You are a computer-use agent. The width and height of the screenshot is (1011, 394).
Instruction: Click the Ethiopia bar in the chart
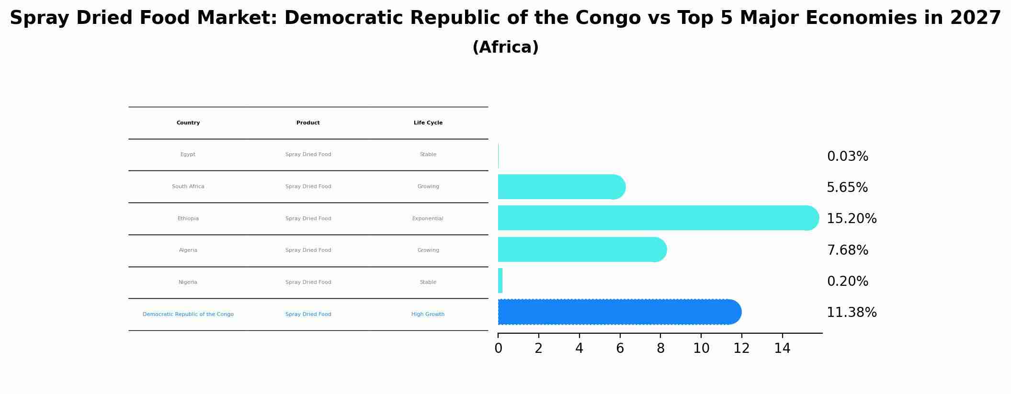(x=656, y=218)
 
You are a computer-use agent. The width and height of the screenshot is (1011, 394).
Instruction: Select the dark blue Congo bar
(x=618, y=312)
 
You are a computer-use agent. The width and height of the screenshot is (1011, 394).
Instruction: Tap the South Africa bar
(x=560, y=187)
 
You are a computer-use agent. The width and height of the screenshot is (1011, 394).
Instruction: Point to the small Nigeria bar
(x=500, y=281)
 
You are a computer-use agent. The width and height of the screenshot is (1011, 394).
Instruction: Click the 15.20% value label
(x=852, y=219)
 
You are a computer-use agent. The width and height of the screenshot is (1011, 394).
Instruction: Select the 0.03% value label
(x=847, y=157)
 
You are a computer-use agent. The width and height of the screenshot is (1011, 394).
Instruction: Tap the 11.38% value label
(x=852, y=313)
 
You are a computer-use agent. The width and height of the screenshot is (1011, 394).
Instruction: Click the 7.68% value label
(x=847, y=250)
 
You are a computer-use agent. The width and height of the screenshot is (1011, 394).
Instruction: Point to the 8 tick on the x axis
(x=660, y=349)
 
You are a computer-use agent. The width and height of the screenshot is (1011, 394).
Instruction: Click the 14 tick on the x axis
(x=782, y=349)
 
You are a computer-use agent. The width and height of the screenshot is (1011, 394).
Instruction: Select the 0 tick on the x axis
(x=498, y=349)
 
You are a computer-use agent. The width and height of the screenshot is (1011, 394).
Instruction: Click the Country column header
(x=188, y=123)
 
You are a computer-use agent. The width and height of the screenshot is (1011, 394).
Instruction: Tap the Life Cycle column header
(x=428, y=123)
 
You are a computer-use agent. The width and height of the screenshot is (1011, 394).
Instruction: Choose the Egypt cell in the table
(x=188, y=155)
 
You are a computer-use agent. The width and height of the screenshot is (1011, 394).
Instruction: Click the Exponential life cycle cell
(x=428, y=219)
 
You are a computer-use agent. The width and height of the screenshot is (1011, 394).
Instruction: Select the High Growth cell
(x=428, y=315)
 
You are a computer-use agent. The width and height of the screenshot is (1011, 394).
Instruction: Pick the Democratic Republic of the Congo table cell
(x=188, y=315)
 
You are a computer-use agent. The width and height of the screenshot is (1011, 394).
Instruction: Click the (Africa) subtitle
(x=505, y=47)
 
